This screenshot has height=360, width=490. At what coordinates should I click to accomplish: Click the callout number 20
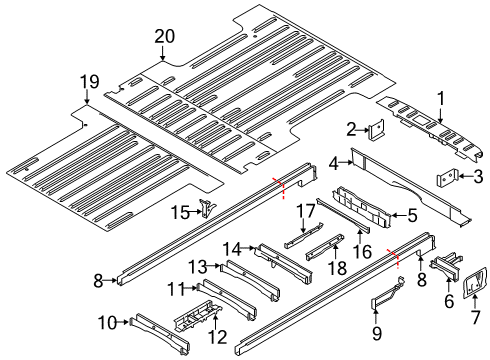163,37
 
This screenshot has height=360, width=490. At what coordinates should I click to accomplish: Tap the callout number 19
89,81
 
